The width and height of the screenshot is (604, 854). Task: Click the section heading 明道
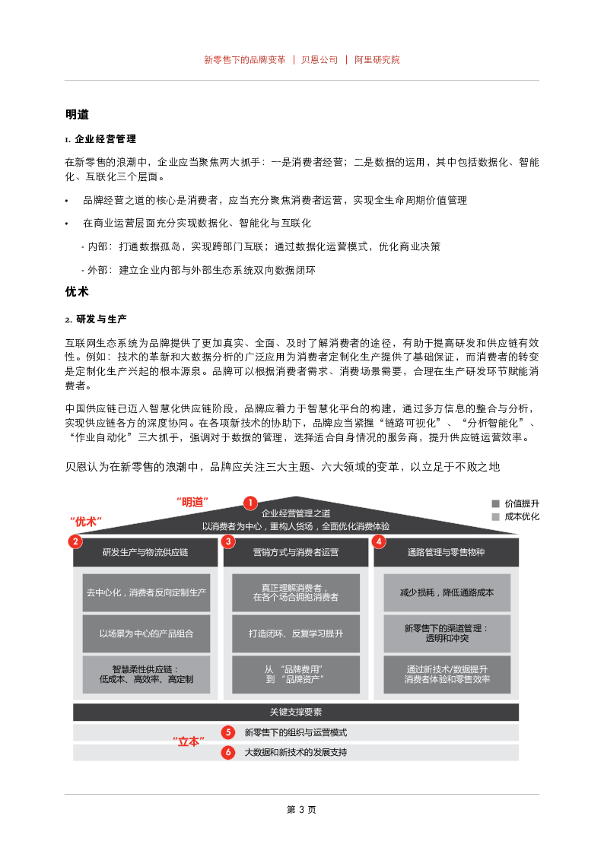77,115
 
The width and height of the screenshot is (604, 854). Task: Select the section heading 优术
77,292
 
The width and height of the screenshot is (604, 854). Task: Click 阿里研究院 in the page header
377,59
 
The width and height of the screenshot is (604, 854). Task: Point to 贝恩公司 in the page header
319,59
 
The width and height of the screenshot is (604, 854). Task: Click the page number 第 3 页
301,809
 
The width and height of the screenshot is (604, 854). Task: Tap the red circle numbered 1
250,503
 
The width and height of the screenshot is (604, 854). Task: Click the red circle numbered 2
75,541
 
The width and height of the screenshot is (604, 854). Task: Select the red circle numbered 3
228,541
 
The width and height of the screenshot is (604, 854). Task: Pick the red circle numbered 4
378,541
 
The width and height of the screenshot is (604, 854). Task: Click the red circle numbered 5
228,732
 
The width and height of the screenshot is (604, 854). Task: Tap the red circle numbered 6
228,752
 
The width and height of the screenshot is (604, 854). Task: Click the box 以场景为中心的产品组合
146,633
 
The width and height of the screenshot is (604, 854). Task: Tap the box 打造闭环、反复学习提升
296,633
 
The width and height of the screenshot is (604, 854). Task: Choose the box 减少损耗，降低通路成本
447,592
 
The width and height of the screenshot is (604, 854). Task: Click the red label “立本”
188,741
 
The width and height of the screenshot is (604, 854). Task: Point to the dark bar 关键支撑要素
296,713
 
